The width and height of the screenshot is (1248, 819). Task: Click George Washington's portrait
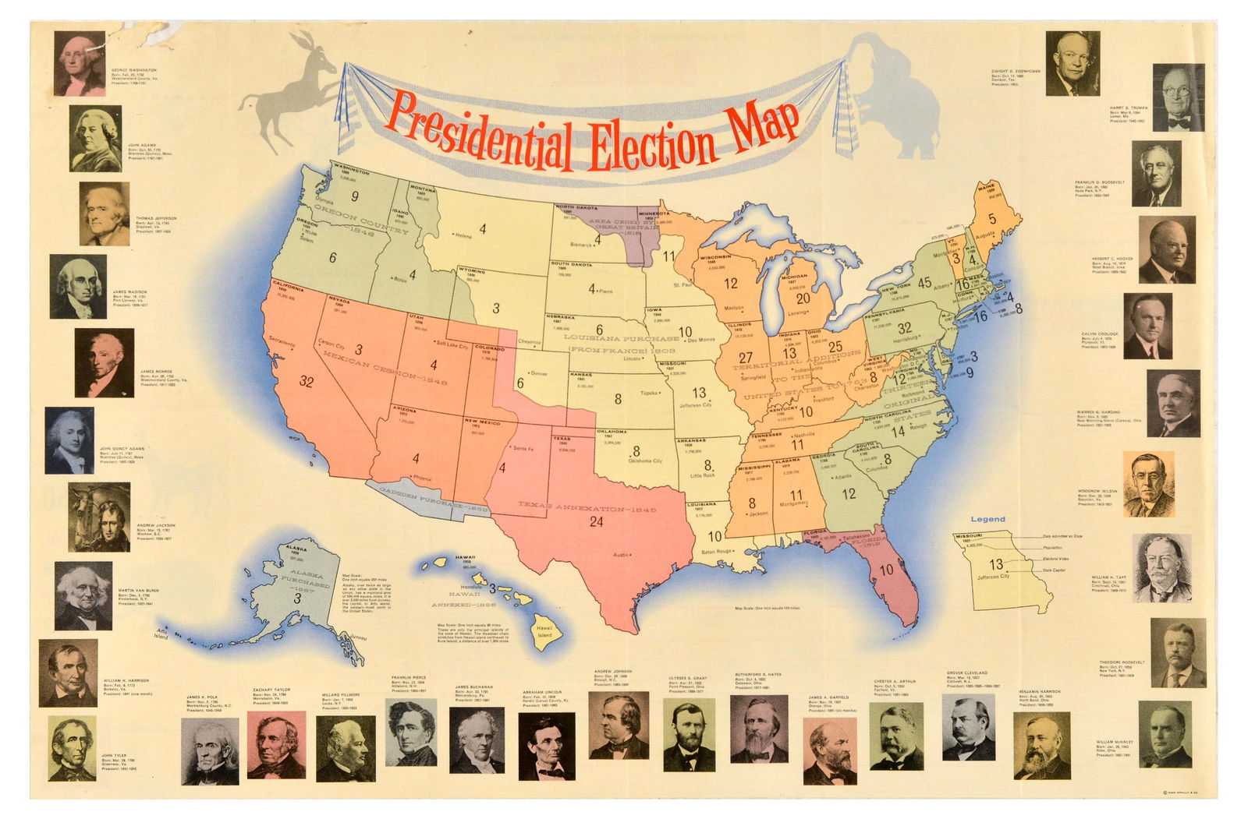point(80,63)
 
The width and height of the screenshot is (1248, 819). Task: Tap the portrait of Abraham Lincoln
point(547,746)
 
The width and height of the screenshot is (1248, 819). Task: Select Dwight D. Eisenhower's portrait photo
point(1072,63)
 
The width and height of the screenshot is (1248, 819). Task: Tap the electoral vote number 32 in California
point(307,382)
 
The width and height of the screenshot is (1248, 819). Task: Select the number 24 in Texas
point(596,522)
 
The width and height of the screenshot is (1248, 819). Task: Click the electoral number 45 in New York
point(925,283)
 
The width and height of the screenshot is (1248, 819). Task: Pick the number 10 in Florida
point(887,570)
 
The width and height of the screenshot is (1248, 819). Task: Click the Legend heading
point(987,519)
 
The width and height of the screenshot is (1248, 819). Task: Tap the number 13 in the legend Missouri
point(996,563)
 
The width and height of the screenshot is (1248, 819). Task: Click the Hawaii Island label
point(544,631)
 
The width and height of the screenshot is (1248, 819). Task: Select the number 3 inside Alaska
point(297,599)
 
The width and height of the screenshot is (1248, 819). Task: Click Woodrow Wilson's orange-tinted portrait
point(1149,485)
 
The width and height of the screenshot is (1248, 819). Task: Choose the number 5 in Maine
point(992,219)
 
